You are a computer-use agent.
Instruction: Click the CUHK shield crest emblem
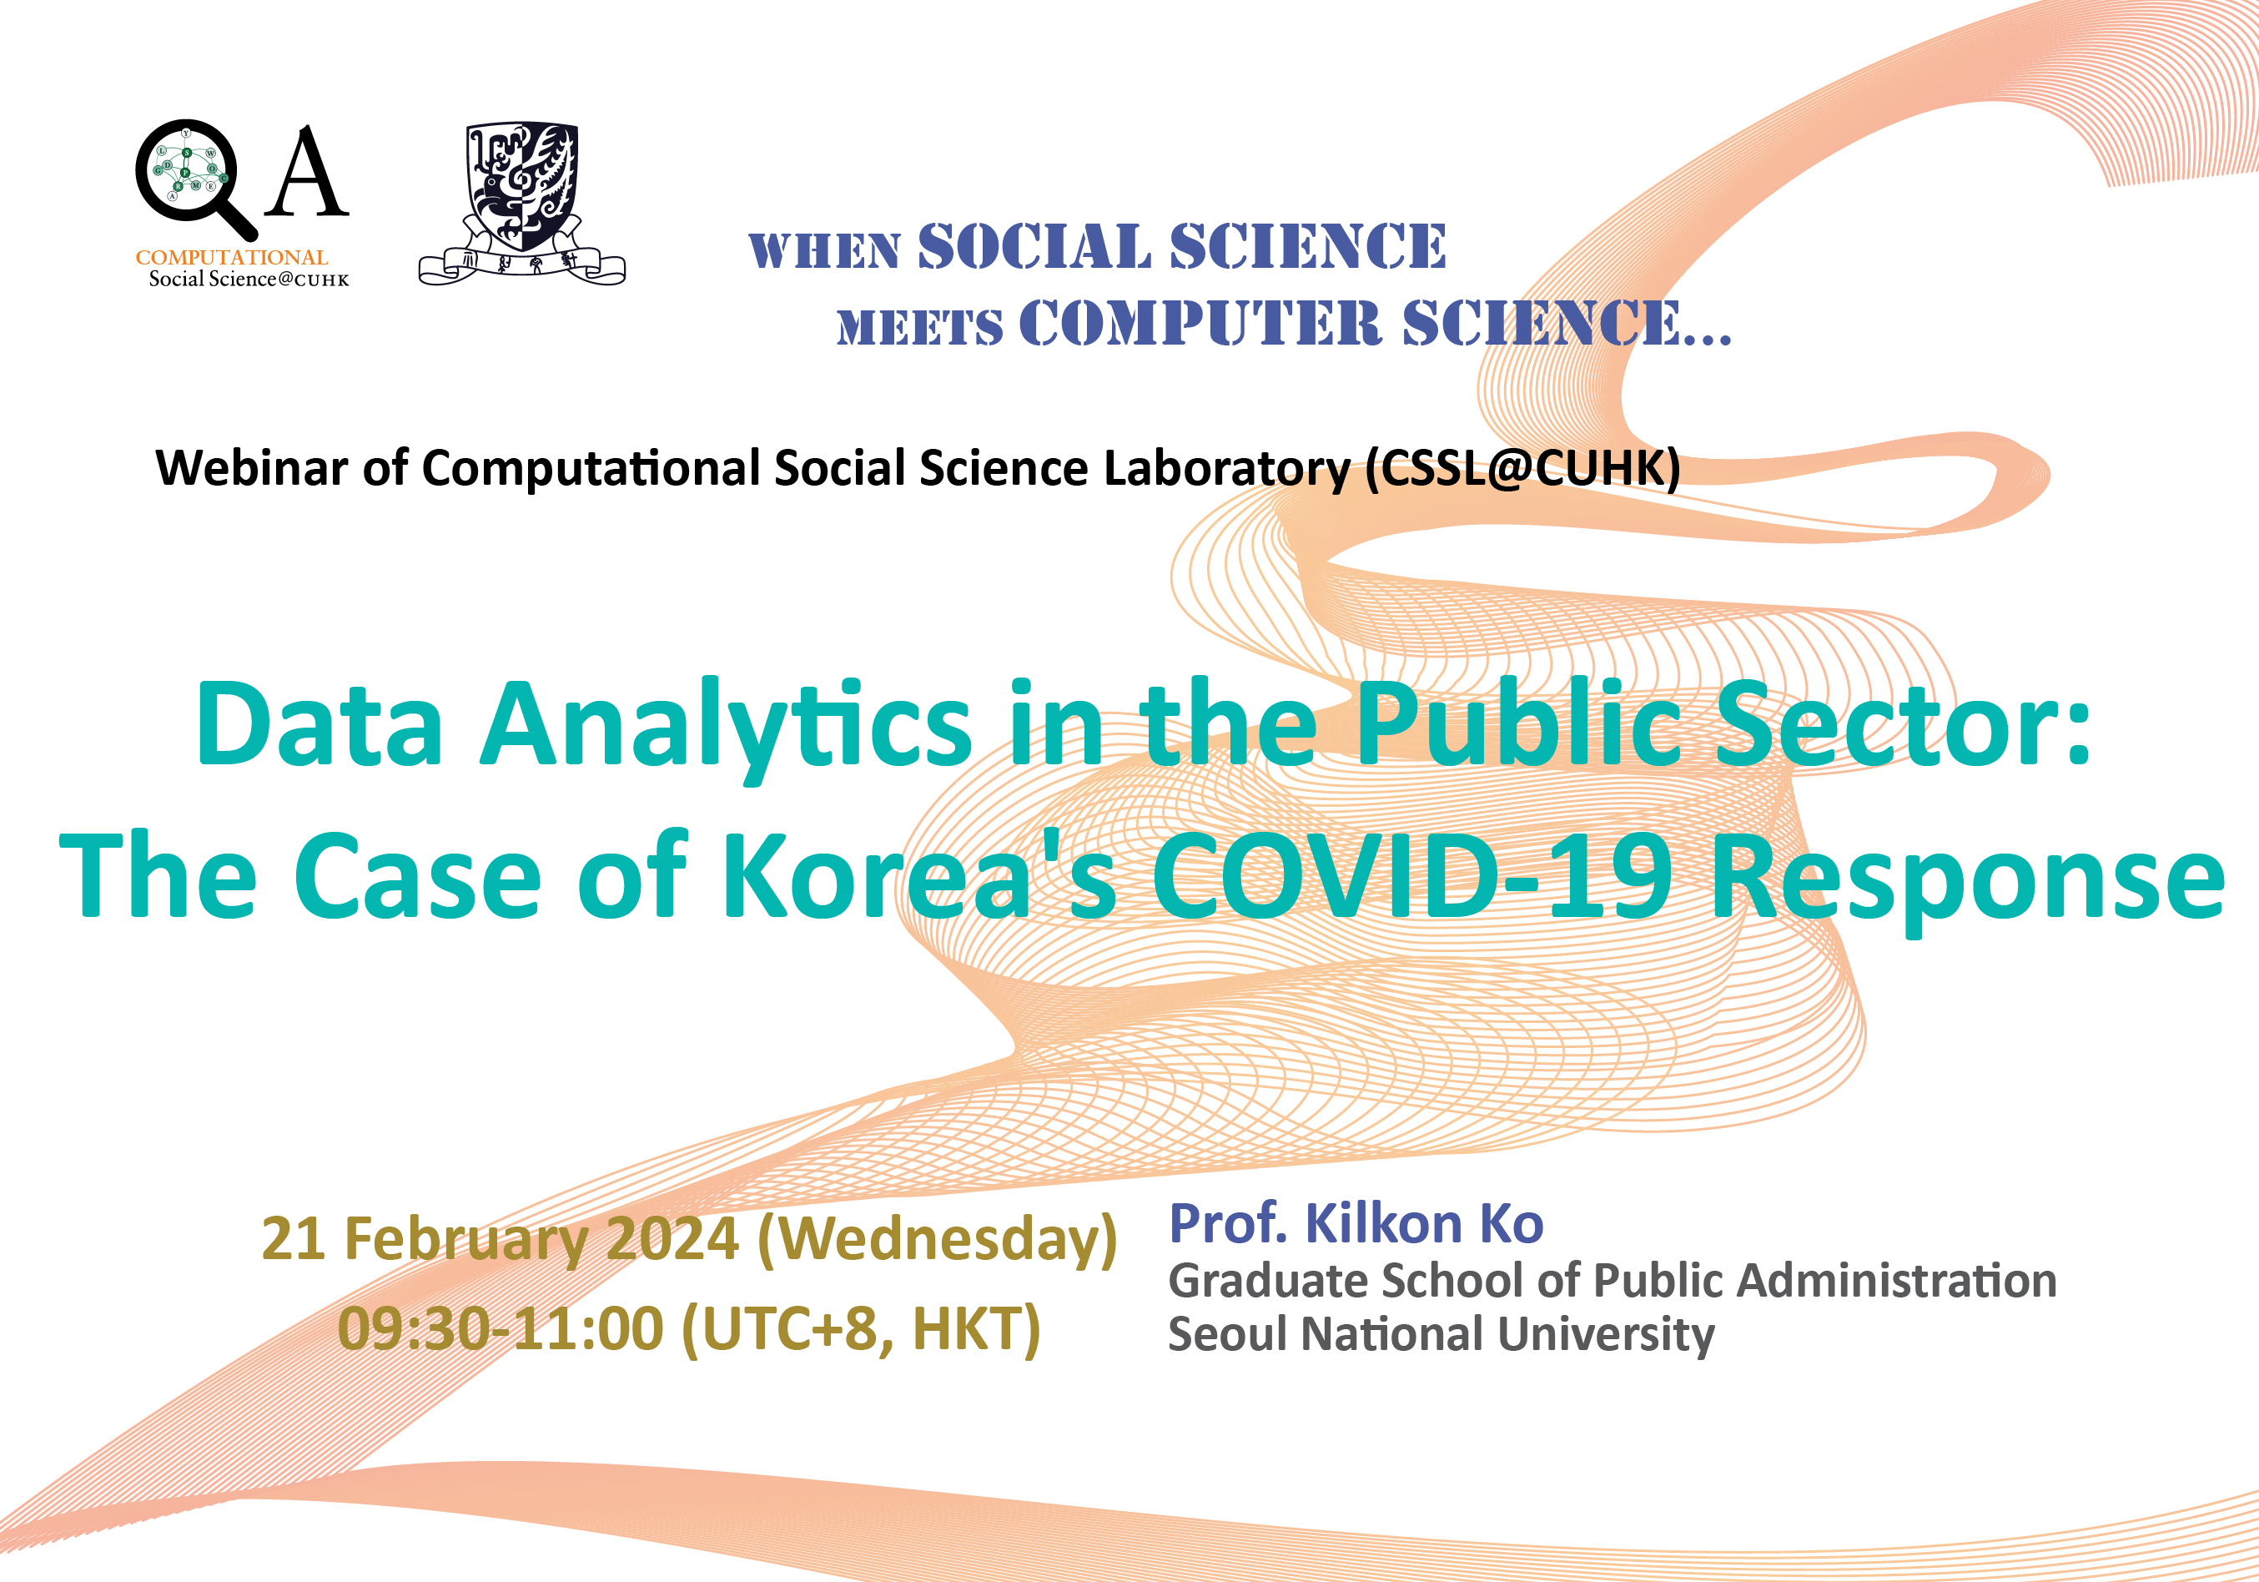point(522,203)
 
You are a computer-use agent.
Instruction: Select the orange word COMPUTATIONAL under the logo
point(231,257)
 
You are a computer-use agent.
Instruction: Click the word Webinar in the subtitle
point(252,467)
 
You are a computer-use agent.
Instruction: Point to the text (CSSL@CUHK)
point(1522,469)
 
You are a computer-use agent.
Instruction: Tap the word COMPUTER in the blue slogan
point(1200,324)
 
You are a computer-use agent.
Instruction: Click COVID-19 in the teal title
point(1411,875)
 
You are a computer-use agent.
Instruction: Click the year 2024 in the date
point(672,1238)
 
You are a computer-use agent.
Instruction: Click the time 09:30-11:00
point(501,1330)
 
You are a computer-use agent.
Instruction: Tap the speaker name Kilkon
point(1383,1224)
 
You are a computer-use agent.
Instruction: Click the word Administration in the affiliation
point(1897,1282)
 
